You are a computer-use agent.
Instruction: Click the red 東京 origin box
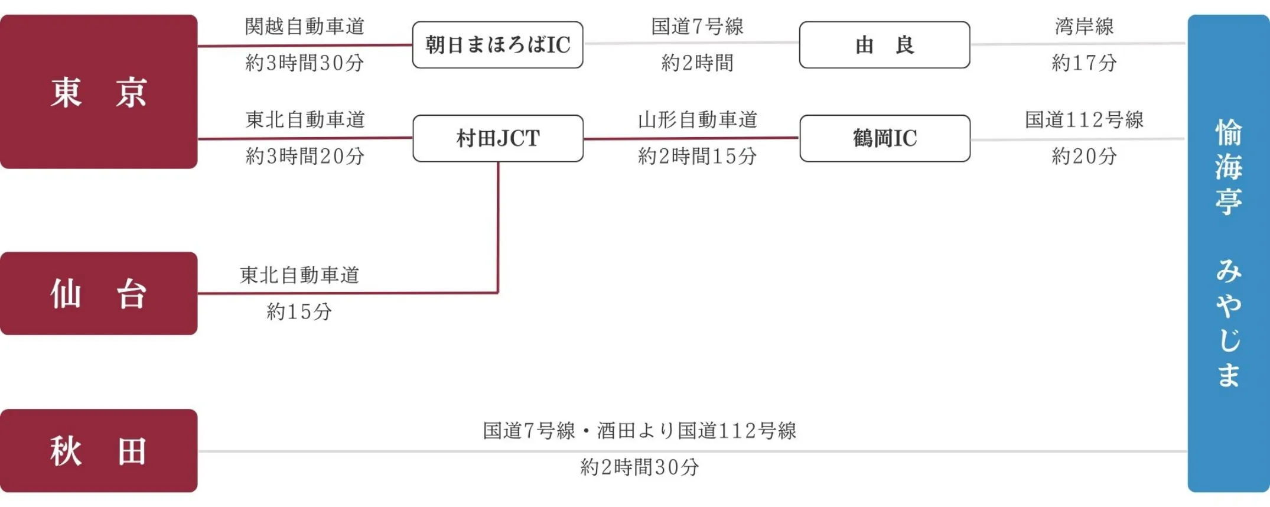[x=99, y=92]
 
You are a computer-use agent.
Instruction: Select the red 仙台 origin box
[x=99, y=294]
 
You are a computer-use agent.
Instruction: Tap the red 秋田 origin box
[x=99, y=451]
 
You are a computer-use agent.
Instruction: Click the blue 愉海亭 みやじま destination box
[x=1228, y=254]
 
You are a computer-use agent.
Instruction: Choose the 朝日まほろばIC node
[x=497, y=45]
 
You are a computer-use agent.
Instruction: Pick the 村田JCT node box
[x=497, y=138]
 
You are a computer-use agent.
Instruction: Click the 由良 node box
[x=884, y=45]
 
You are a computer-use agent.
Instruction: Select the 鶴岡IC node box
[x=884, y=138]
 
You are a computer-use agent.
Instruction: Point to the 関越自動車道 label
[x=305, y=27]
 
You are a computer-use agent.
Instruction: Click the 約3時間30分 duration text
[x=305, y=63]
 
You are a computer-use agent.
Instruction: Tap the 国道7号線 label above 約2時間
[x=697, y=27]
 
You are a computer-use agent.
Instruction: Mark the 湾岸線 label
[x=1084, y=27]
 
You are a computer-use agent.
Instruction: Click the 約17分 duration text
[x=1084, y=63]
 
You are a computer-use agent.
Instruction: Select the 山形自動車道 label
[x=697, y=120]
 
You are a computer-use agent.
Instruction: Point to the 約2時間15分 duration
[x=697, y=156]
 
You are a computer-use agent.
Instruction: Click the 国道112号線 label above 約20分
[x=1084, y=120]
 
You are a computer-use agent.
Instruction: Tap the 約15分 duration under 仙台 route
[x=299, y=311]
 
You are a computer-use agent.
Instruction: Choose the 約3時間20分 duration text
[x=305, y=156]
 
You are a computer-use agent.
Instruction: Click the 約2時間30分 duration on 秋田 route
[x=639, y=467]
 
